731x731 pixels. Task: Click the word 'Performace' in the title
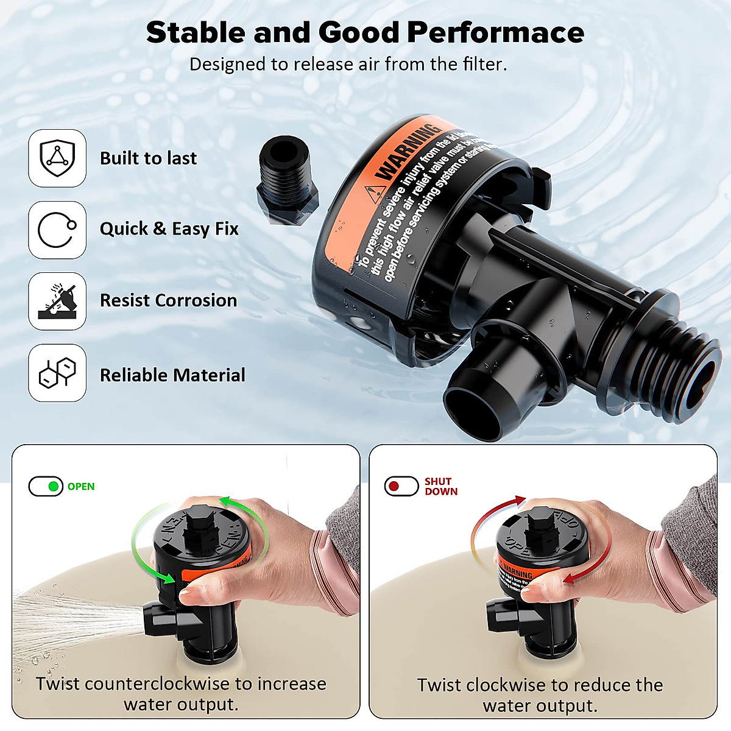[495, 33]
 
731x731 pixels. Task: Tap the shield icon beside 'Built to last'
[57, 158]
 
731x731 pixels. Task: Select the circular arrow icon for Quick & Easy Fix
[57, 230]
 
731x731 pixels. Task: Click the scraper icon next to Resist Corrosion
[57, 301]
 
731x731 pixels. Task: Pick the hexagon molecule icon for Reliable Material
[57, 373]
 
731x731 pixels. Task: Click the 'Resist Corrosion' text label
[168, 300]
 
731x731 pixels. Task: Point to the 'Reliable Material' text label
[172, 375]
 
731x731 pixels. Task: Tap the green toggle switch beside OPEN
[46, 486]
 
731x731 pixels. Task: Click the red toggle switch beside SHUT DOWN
[401, 486]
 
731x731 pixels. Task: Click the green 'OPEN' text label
[81, 486]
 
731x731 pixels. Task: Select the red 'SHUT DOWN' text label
[441, 486]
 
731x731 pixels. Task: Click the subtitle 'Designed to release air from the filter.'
[348, 65]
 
